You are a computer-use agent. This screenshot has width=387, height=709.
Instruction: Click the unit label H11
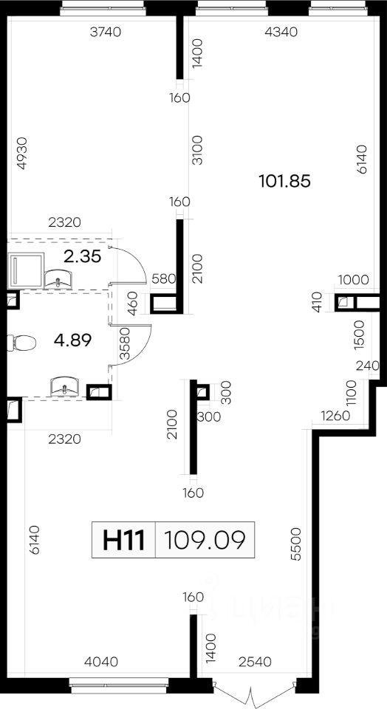point(123,539)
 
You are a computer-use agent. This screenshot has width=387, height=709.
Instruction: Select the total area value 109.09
point(205,539)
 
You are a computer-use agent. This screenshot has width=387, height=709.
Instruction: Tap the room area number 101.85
point(285,182)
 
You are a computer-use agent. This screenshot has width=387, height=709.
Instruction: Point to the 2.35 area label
point(82,256)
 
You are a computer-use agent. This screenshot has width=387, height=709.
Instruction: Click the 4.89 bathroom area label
point(72,340)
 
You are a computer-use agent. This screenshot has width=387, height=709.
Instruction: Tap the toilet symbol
point(21,343)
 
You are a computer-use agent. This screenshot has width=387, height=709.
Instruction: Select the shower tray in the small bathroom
point(26,270)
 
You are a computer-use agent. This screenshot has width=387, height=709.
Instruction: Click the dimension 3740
point(106,32)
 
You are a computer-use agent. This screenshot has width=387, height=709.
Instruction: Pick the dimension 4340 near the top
point(281,32)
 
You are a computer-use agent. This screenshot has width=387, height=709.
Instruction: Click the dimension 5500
point(296,544)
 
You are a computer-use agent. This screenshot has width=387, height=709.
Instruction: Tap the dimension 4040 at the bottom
point(102,662)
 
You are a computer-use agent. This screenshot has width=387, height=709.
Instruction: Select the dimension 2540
point(256,662)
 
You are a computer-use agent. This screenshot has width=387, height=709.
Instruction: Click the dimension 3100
point(198,150)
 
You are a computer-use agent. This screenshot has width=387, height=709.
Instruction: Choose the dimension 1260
point(336,416)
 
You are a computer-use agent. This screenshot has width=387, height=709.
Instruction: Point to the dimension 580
point(164,278)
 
